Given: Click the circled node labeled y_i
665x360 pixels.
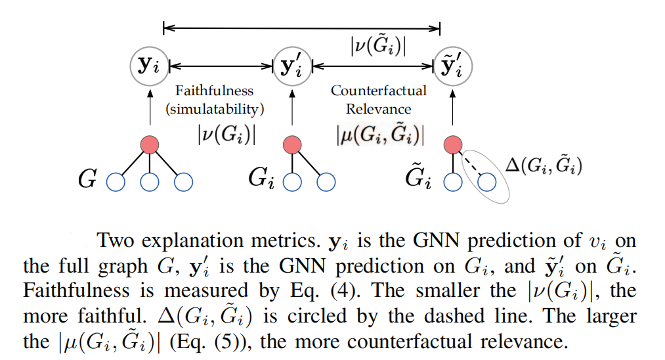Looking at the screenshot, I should [150, 66].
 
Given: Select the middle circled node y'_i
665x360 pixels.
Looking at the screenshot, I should [292, 66].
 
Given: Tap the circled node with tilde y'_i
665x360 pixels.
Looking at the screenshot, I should [454, 66].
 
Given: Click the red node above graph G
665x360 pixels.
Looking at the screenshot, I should [150, 145].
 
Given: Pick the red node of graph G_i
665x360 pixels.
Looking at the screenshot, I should [292, 145].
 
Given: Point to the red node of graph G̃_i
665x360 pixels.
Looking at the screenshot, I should [454, 145].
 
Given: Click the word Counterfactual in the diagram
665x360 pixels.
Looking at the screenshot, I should [379, 91].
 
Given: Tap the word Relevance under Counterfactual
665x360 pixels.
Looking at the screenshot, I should [379, 109].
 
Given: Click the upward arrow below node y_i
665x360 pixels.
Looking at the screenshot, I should [150, 108].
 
